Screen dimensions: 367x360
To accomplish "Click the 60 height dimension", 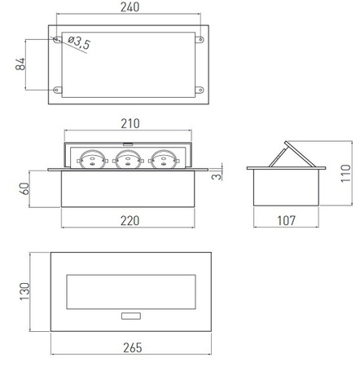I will point(24,188).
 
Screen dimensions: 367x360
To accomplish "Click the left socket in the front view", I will point(91,159).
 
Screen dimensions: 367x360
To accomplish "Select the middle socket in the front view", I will point(127,159).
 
